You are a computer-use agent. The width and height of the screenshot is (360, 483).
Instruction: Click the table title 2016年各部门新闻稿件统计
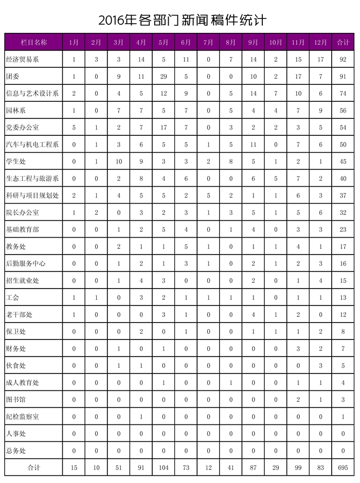pos(183,20)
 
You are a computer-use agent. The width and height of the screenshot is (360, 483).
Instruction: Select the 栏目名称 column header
pos(33,43)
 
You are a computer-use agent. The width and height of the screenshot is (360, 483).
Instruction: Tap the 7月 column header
pos(208,43)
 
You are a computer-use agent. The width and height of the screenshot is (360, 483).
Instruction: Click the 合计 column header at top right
pos(343,43)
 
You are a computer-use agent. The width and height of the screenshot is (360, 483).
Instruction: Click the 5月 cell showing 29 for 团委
pos(164,77)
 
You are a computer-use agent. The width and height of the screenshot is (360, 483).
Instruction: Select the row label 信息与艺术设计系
pos(32,94)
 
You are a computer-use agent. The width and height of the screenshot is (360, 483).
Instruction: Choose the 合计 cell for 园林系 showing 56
pos(343,111)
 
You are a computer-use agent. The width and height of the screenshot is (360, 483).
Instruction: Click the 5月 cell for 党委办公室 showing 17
pos(164,128)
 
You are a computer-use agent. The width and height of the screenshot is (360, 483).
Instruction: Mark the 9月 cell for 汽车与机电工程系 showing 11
pos(253,145)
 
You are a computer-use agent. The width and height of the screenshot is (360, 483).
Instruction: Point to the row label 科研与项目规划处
pos(32,195)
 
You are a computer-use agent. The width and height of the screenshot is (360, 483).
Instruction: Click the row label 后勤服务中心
pos(25,263)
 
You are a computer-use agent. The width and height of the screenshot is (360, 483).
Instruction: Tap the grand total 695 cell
pos(343,467)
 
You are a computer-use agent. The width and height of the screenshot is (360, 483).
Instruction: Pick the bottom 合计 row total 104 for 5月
pos(164,467)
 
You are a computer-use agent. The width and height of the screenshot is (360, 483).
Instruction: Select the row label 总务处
pos(15,450)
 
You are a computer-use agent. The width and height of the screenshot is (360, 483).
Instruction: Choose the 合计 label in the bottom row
pos(33,467)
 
